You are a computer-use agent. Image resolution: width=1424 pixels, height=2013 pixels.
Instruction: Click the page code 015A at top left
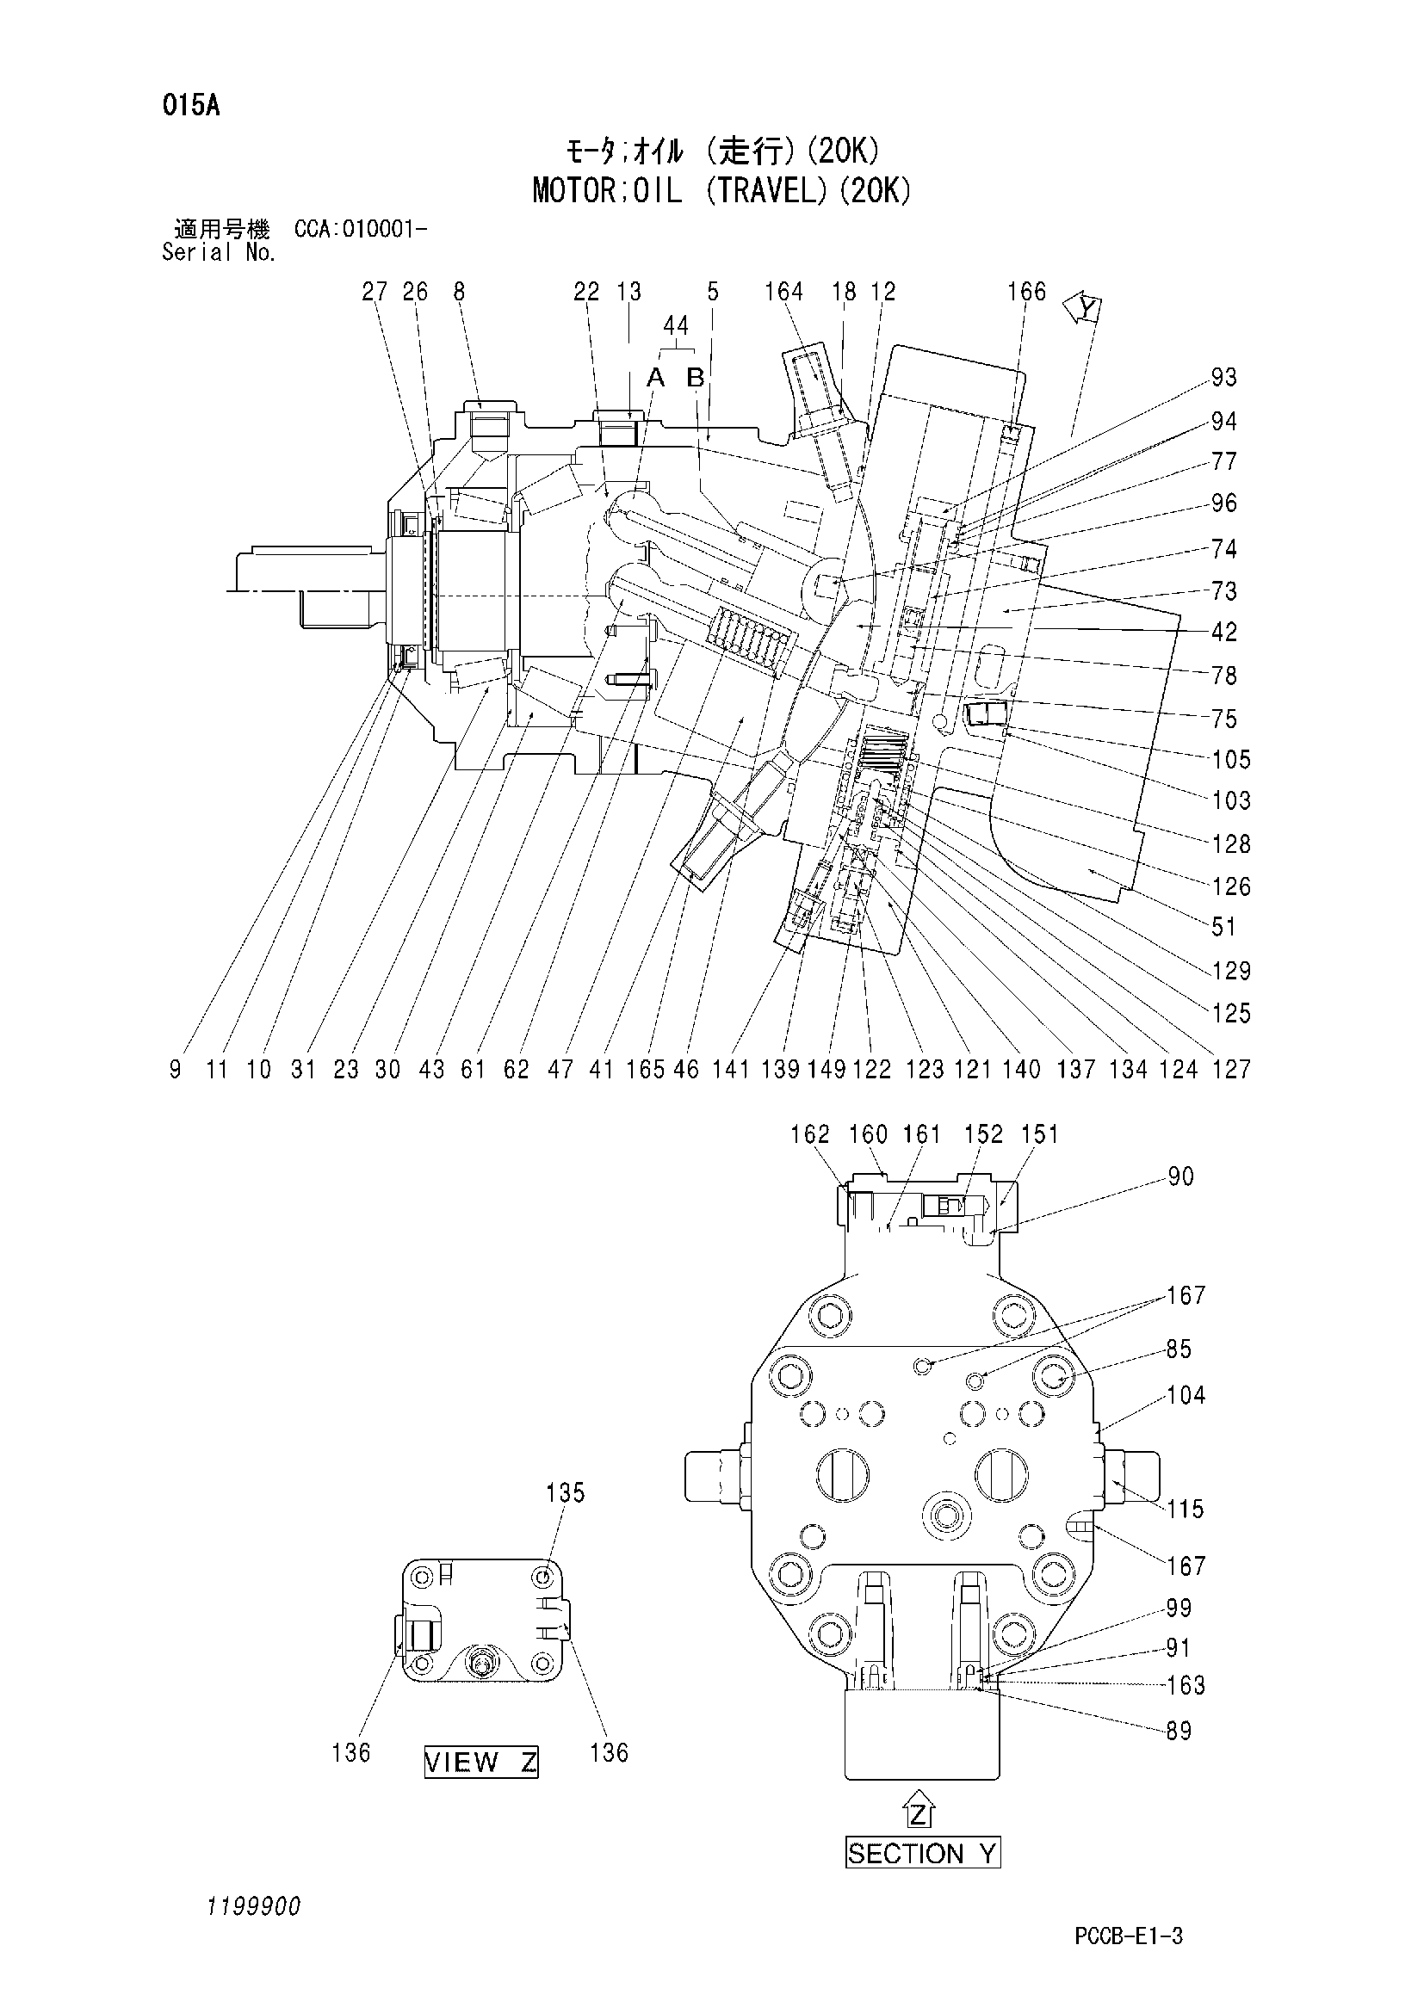[190, 106]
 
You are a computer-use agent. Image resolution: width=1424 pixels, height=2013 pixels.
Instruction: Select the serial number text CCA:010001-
[361, 230]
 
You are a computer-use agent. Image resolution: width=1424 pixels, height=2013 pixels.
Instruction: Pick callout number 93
[1223, 377]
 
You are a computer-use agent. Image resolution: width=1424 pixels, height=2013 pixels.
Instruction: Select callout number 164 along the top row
[783, 291]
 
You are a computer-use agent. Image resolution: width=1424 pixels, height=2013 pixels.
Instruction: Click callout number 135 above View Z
[565, 1492]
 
